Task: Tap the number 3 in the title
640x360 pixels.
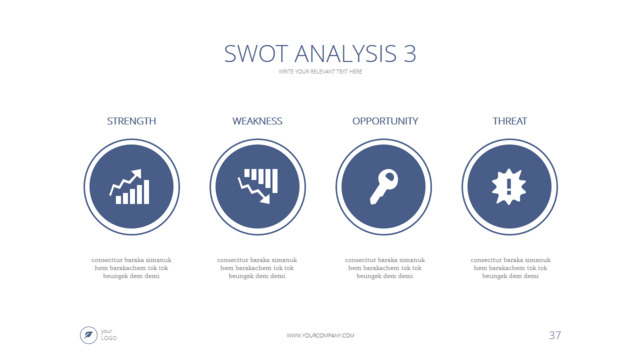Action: (410, 53)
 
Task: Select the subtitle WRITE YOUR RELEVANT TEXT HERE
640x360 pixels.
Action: (320, 72)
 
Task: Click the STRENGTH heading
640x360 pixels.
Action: (131, 121)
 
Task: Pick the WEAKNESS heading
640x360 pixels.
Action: (257, 121)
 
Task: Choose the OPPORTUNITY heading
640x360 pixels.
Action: (384, 121)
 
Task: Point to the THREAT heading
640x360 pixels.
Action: (509, 121)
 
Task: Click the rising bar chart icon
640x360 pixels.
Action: (131, 186)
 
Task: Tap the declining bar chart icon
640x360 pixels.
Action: (257, 186)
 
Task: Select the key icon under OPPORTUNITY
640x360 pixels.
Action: (384, 186)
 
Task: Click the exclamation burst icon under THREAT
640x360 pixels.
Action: (509, 186)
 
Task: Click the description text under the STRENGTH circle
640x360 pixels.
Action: (131, 268)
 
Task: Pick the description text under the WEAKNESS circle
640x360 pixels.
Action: (257, 268)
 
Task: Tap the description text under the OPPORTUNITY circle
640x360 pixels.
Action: (384, 268)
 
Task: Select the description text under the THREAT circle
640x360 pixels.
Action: (509, 268)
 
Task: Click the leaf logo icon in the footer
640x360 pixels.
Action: (88, 334)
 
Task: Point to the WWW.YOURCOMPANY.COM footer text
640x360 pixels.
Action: (320, 336)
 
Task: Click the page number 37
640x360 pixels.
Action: (555, 334)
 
